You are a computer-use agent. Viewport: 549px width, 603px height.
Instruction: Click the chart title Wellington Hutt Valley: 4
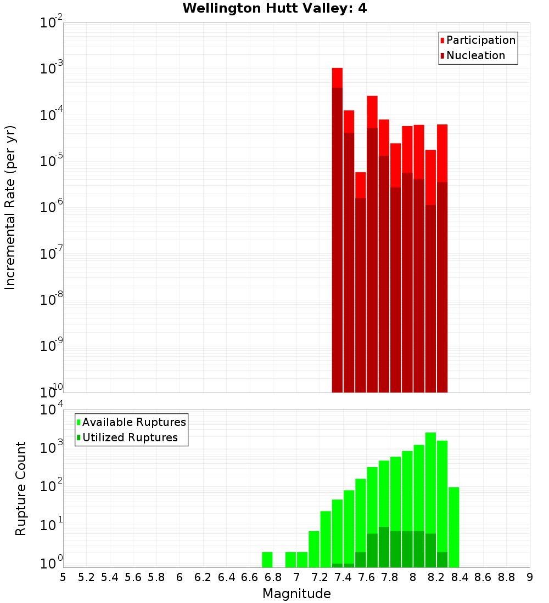[x=274, y=8]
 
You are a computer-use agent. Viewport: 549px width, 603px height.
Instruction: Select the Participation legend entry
[x=480, y=40]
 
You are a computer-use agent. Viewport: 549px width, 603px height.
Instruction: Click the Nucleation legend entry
[x=475, y=55]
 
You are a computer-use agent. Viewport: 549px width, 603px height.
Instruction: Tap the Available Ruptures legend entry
[x=133, y=422]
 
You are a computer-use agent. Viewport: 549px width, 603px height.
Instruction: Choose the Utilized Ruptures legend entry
[x=130, y=437]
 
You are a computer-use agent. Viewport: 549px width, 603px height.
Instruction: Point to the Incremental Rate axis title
[x=10, y=207]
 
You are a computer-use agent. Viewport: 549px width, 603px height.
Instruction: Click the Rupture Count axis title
[x=21, y=488]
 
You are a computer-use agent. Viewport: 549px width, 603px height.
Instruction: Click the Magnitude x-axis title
[x=296, y=594]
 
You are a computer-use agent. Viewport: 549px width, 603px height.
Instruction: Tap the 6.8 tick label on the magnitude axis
[x=273, y=577]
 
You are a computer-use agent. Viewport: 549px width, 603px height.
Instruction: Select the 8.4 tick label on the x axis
[x=460, y=577]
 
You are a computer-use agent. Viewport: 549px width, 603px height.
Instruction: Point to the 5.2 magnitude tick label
[x=86, y=577]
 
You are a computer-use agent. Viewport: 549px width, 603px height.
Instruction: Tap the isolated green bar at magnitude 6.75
[x=267, y=560]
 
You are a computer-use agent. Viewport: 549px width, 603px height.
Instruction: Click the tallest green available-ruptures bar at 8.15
[x=430, y=493]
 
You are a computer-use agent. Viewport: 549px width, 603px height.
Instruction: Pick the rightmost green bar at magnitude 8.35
[x=453, y=526]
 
